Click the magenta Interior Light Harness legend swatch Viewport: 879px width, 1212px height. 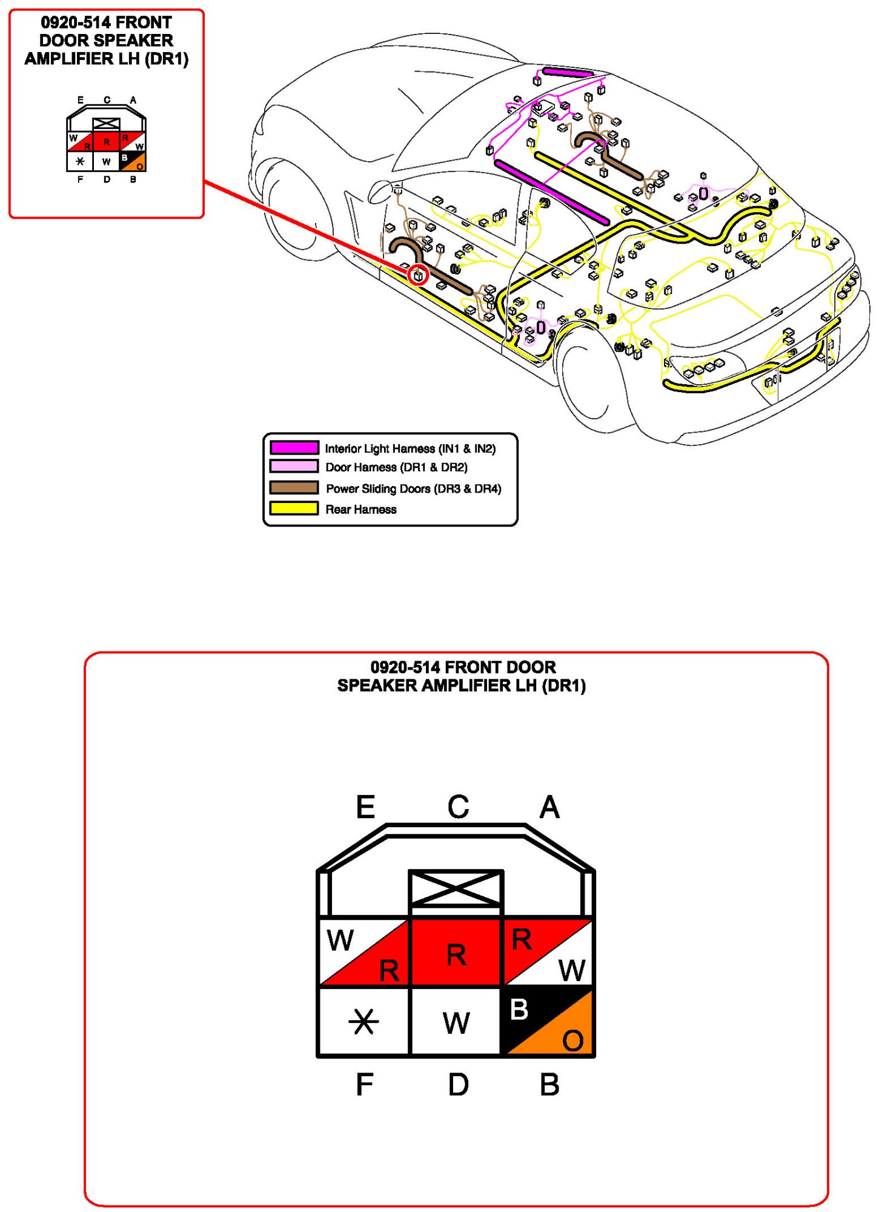[x=294, y=448]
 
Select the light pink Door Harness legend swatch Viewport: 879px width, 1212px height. [x=294, y=466]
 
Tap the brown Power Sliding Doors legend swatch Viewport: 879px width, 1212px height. [x=294, y=488]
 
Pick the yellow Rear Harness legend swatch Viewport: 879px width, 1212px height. [x=294, y=508]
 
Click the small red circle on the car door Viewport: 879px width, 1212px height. [x=417, y=275]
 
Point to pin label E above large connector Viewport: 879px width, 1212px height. [x=365, y=807]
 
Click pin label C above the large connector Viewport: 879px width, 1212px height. [x=458, y=807]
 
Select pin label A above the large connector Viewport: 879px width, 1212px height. [x=549, y=807]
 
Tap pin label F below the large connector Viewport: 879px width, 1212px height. [x=364, y=1084]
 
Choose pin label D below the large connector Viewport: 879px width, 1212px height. [x=458, y=1084]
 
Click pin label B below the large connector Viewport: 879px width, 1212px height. [x=549, y=1084]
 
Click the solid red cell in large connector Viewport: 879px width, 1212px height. [x=456, y=952]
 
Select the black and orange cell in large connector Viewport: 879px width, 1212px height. [x=548, y=1022]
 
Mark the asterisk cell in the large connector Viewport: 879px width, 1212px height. [x=363, y=1022]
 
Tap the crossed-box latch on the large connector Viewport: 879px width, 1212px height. [x=456, y=888]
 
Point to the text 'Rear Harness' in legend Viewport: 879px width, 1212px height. [x=361, y=510]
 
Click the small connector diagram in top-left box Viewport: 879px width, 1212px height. [x=106, y=141]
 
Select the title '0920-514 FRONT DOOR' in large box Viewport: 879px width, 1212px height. [x=463, y=667]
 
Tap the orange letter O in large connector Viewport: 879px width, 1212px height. [x=572, y=1041]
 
